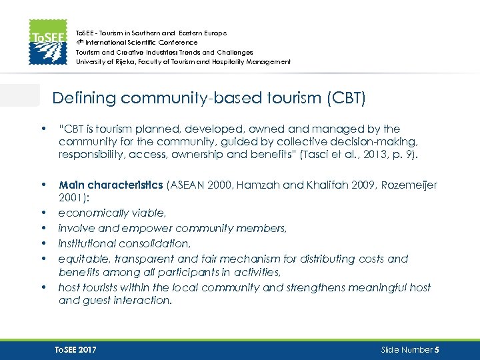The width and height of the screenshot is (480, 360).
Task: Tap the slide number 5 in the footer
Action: point(436,349)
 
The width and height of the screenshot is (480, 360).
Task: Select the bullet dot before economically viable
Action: point(43,213)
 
